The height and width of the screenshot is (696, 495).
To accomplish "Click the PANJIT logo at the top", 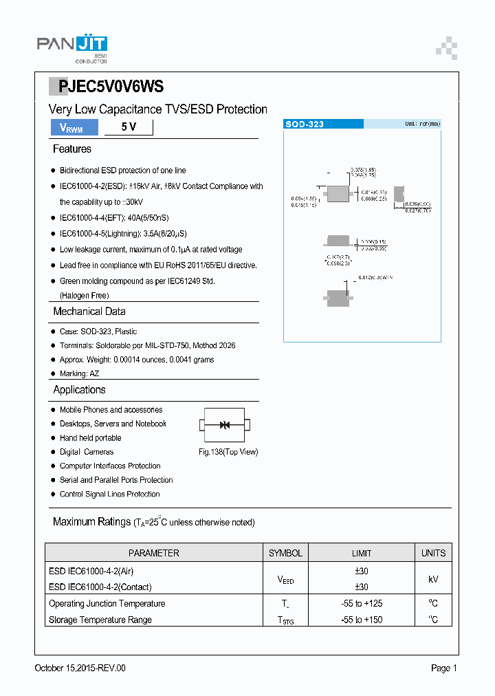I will coord(72,47).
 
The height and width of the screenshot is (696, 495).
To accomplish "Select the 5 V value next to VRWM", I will coord(129,127).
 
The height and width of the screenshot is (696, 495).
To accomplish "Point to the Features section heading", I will coord(72,149).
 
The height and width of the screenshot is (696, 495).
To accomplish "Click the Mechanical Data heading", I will coord(89,312).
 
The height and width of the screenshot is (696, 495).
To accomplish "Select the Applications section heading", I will coord(80,390).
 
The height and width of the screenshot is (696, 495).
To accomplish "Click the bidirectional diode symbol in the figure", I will coord(225,425).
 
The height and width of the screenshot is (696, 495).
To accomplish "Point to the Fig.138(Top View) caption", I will coord(228,452).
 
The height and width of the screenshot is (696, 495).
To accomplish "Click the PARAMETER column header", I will coord(154,553).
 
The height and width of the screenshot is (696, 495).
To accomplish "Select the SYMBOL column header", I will coord(285,553).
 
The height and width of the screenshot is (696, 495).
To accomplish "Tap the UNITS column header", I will coord(433,553).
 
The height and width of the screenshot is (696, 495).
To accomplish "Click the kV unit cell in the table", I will coord(433,579).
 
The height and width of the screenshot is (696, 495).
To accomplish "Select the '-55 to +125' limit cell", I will coord(362,603).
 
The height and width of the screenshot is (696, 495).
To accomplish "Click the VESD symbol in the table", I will coord(285,580).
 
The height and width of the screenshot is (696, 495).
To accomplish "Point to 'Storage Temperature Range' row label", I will coord(100,620).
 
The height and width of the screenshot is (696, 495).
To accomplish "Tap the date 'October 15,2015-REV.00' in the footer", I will coord(80,668).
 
